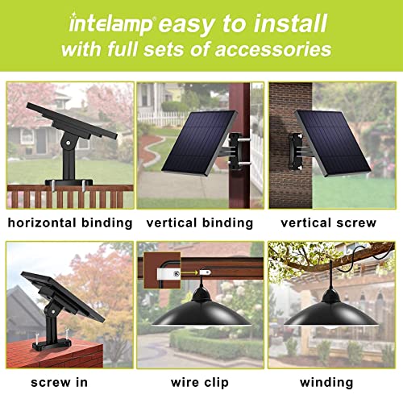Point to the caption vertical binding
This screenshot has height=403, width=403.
coord(200,222)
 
